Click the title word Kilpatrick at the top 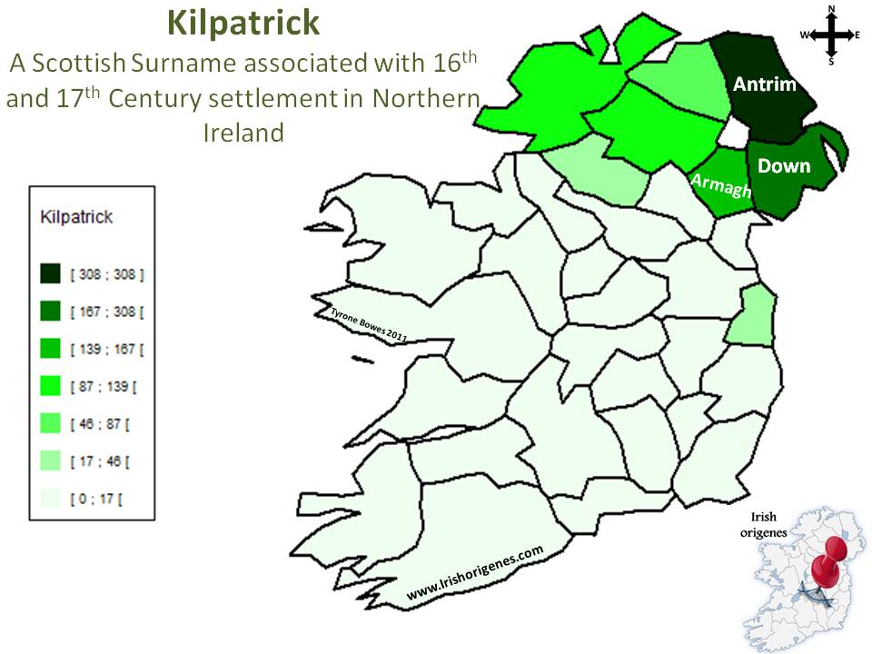pos(243,25)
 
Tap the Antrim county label pos(765,84)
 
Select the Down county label pos(784,165)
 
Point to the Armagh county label pos(721,184)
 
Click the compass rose pos(831,35)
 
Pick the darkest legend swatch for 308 pos(51,273)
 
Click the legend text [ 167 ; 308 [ pos(107,312)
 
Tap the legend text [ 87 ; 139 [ pos(104,387)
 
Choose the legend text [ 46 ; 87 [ pos(100,424)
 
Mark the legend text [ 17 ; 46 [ pos(100,461)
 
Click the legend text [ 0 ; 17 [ pos(97,499)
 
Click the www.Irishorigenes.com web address pos(474,573)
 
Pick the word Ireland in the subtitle pos(243,133)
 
